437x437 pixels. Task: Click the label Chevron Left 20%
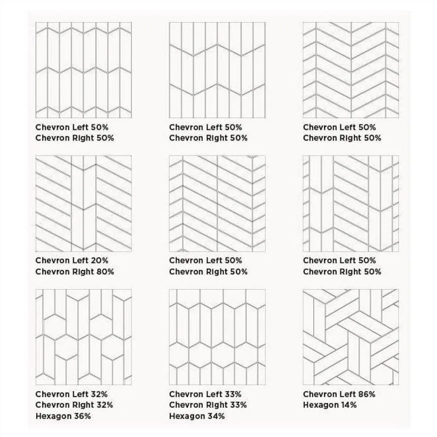pyautogui.click(x=72, y=261)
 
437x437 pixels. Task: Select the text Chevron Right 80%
pyautogui.click(x=75, y=272)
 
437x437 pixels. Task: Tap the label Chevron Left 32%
pyautogui.click(x=71, y=395)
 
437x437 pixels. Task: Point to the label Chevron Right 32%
pyautogui.click(x=74, y=405)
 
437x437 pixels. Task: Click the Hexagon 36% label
pyautogui.click(x=63, y=416)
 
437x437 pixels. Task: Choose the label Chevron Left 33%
pyautogui.click(x=205, y=395)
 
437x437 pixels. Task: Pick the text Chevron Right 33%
pyautogui.click(x=208, y=405)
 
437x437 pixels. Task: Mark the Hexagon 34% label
pyautogui.click(x=197, y=416)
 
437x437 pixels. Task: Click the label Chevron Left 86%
pyautogui.click(x=339, y=395)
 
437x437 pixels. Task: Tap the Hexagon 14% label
pyautogui.click(x=330, y=405)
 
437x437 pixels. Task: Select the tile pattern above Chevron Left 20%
pyautogui.click(x=84, y=204)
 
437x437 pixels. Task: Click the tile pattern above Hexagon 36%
pyautogui.click(x=84, y=337)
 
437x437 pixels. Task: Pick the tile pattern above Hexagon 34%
pyautogui.click(x=217, y=337)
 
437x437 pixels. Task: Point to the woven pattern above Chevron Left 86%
pyautogui.click(x=351, y=337)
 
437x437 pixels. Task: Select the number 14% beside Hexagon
pyautogui.click(x=349, y=405)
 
